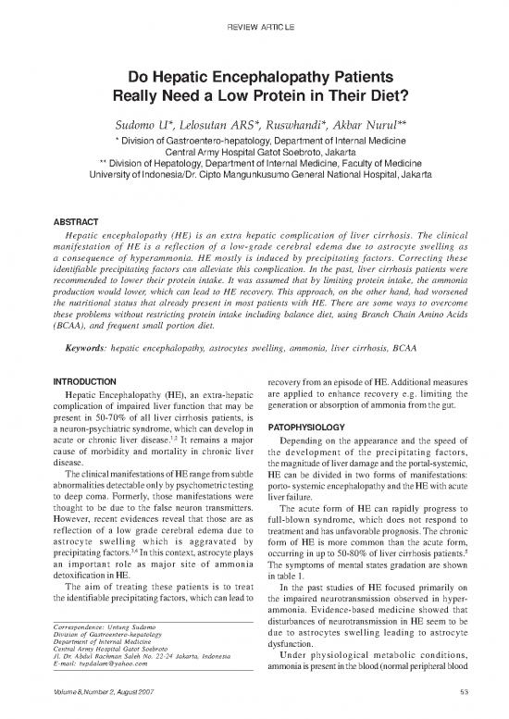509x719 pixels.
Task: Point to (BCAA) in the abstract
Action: click(x=73, y=274)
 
